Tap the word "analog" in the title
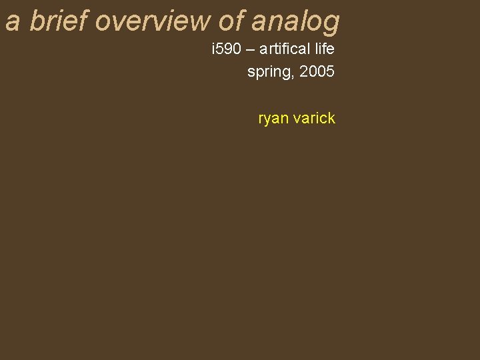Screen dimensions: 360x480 click(x=295, y=22)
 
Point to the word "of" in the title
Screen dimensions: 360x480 click(x=231, y=21)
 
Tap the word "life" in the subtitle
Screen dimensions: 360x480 click(x=323, y=49)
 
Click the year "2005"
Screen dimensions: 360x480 click(x=317, y=71)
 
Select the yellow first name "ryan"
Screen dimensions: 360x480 click(x=273, y=119)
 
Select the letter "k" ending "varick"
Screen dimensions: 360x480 click(x=331, y=119)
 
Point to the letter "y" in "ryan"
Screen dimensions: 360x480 click(x=267, y=121)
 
